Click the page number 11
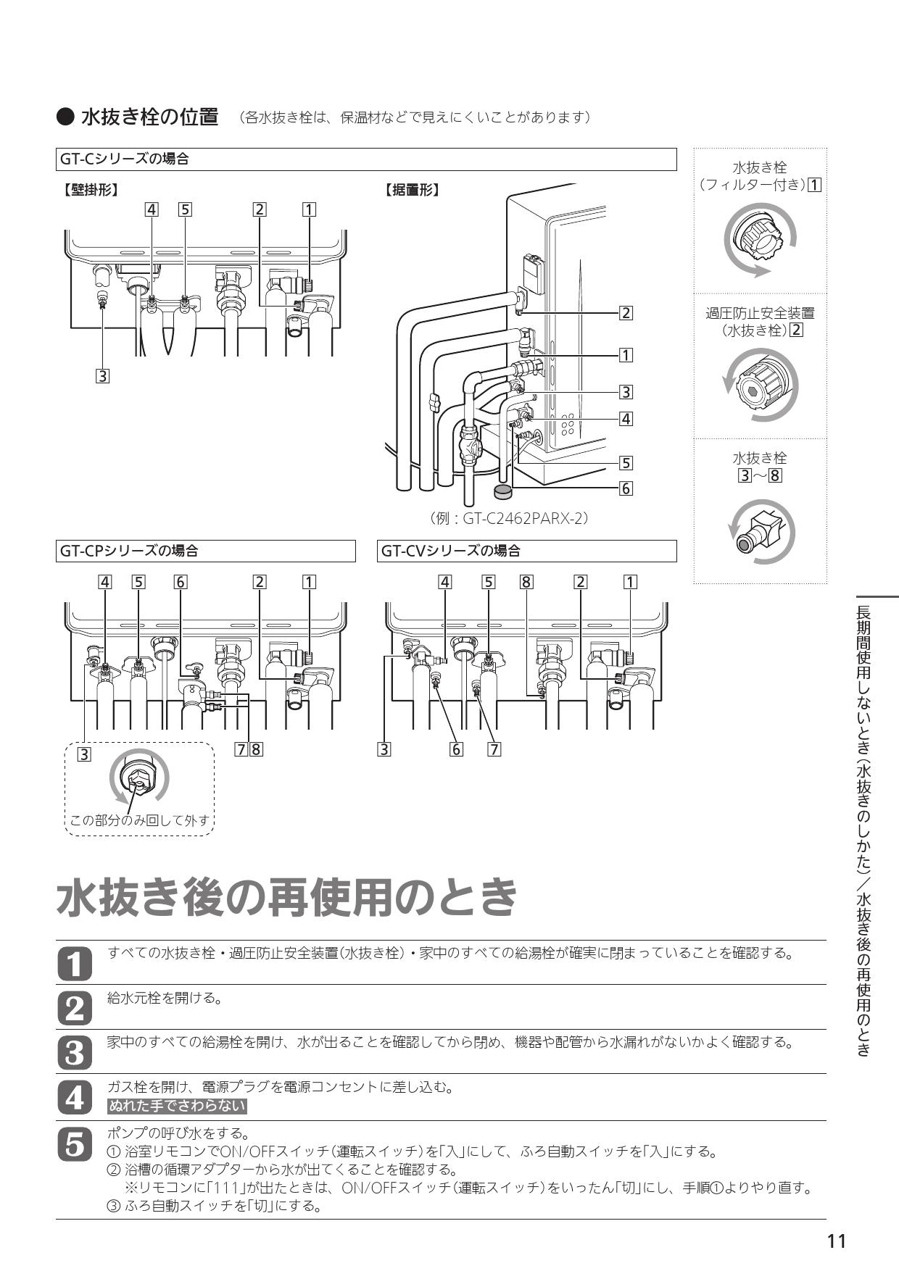pos(836,1242)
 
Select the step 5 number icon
pos(74,1143)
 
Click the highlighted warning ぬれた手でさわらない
pos(177,1107)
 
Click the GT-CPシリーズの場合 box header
pos(206,551)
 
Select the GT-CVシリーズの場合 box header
pos(527,551)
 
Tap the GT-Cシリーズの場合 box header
pos(366,159)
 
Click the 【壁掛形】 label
pos(90,190)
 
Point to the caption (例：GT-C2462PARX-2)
pos(508,519)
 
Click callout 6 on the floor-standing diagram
pos(626,488)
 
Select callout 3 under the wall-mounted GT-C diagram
pos(103,376)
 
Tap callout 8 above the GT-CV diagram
pos(527,581)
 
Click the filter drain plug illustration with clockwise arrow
pos(760,240)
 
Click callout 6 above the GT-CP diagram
pos(181,581)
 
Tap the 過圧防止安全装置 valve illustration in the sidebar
pos(760,385)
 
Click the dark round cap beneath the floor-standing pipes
pos(502,492)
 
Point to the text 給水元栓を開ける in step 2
pos(164,998)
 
